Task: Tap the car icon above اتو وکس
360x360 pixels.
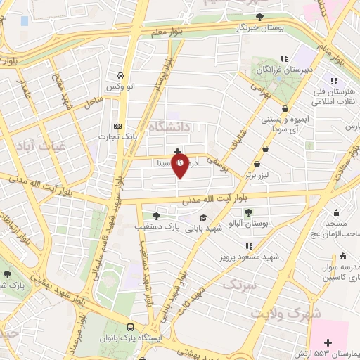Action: tap(121, 75)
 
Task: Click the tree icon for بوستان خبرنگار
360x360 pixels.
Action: tap(260, 17)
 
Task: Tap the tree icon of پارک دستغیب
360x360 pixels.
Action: tap(155, 216)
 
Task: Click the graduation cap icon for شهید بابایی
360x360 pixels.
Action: tap(204, 218)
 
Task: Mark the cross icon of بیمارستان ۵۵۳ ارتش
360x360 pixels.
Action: tap(328, 342)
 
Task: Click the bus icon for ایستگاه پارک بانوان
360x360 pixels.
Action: tap(131, 327)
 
